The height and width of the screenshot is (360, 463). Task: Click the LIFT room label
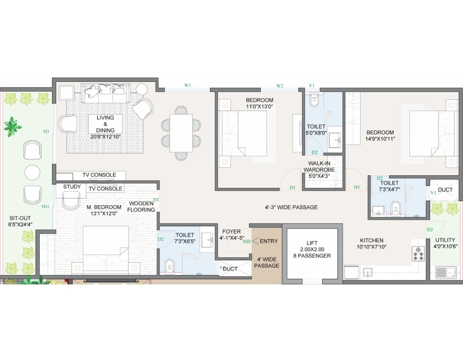tap(312, 243)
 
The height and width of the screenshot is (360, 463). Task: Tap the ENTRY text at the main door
tap(269, 241)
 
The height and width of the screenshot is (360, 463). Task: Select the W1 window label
tap(188, 85)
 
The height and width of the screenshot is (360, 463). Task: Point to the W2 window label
tap(280, 85)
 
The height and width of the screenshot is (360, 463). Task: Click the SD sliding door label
tap(46, 131)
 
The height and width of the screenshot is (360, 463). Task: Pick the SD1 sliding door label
tap(45, 207)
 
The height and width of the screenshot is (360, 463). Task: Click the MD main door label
tap(246, 241)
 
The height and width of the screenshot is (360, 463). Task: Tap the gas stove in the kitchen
tap(418, 254)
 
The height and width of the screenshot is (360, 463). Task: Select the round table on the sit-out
tap(32, 173)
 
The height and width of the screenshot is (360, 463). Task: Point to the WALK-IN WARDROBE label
tap(319, 167)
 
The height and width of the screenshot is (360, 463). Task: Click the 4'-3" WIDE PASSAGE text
tap(291, 207)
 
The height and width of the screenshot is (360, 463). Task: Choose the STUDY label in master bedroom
tap(72, 187)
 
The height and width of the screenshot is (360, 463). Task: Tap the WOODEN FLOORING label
tap(142, 207)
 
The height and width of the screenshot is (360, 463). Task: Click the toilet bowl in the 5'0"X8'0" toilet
tap(314, 100)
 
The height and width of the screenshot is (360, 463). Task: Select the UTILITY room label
tap(444, 240)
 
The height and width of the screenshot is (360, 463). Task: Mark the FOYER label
tap(232, 231)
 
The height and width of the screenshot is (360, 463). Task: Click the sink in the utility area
tap(446, 272)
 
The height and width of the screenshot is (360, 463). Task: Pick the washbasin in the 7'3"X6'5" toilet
tap(207, 239)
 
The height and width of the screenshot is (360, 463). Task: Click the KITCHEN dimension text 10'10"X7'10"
tap(371, 247)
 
